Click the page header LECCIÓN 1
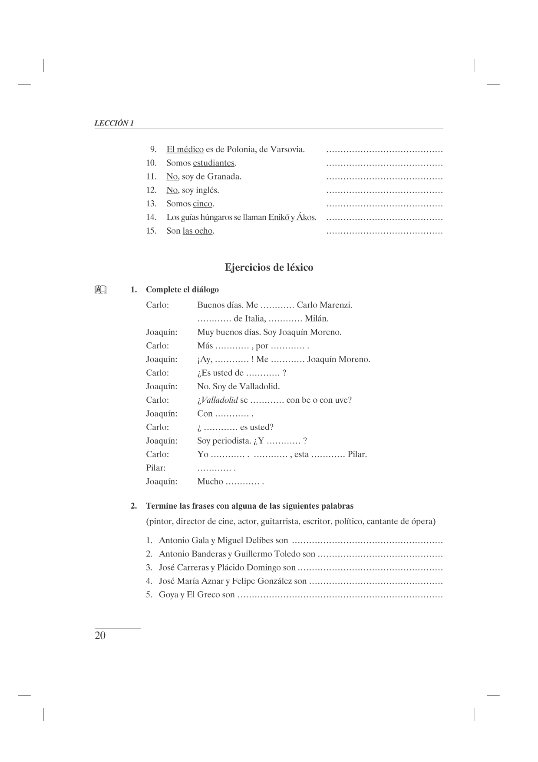click(x=114, y=123)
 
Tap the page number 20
click(x=100, y=636)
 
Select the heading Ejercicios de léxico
click(x=269, y=267)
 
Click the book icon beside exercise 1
click(x=100, y=289)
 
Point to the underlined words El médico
click(x=185, y=149)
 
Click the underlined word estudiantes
click(x=214, y=163)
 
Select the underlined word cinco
click(x=202, y=204)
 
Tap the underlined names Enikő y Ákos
click(x=291, y=217)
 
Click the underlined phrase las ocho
click(x=198, y=231)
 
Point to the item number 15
click(x=151, y=231)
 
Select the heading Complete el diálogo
click(x=182, y=289)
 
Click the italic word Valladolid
click(x=220, y=400)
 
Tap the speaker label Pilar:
click(x=156, y=468)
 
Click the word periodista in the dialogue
click(x=231, y=441)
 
